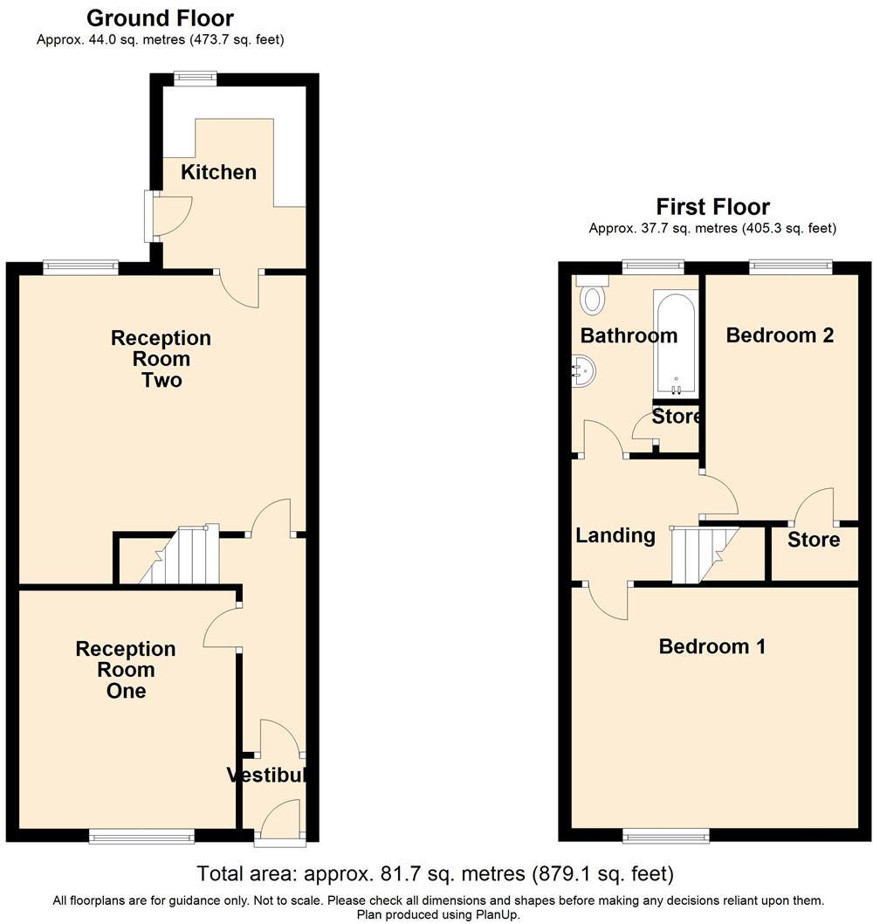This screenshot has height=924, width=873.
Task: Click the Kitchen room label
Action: (x=218, y=172)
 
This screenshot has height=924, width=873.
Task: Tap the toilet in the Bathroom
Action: (x=594, y=297)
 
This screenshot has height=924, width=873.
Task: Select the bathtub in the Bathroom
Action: (x=676, y=343)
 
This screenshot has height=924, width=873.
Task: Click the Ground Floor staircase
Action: (x=178, y=556)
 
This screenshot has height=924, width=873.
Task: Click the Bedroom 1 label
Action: (x=711, y=646)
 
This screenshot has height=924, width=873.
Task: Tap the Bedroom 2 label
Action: (x=780, y=335)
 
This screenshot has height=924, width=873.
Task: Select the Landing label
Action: (x=615, y=535)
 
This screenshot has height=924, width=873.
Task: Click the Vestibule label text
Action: (x=267, y=775)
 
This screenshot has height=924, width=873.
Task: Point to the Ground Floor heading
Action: (x=160, y=17)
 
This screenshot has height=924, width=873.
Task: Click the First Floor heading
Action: (x=712, y=207)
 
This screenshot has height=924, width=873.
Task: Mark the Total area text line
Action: (x=435, y=873)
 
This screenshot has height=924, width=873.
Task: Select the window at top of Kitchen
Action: (x=195, y=78)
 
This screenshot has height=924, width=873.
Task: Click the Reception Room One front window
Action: (x=141, y=838)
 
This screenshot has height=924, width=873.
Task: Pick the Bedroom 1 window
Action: (x=666, y=836)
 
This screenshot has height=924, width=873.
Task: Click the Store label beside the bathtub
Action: (x=677, y=417)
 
